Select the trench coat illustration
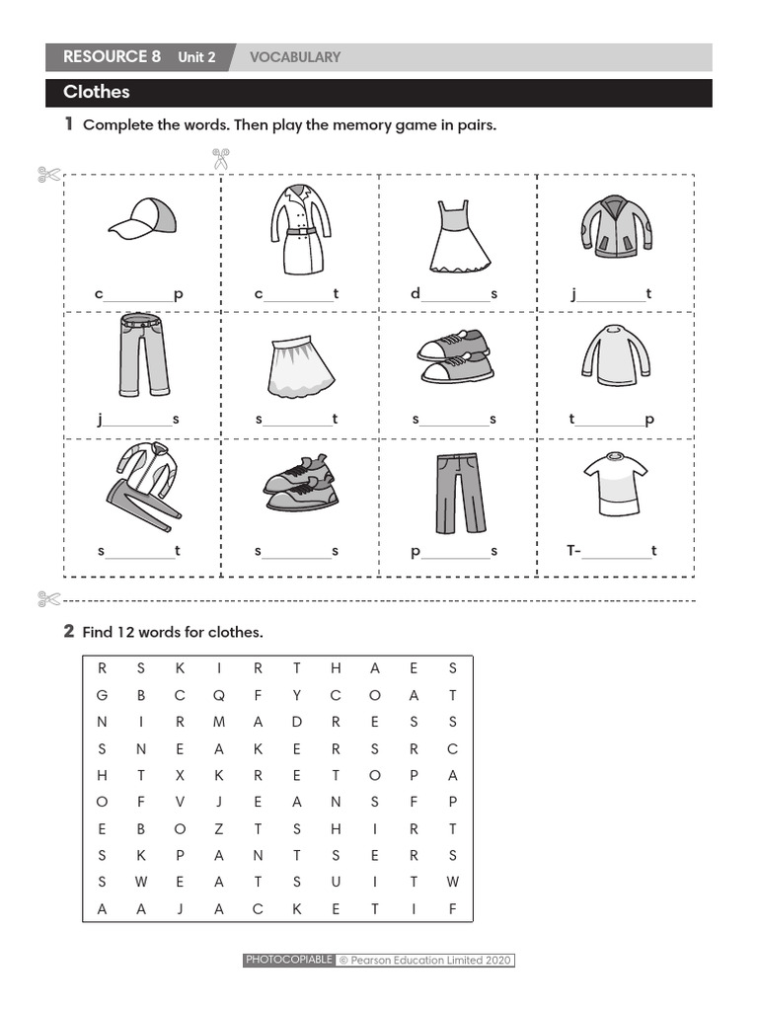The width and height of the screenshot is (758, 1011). coord(297,229)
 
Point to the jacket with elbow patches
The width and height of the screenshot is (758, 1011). coord(615,226)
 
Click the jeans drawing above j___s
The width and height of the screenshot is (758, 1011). coord(143,354)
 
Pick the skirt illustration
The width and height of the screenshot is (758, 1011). coord(299,363)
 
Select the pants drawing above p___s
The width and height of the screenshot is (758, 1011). coord(460,492)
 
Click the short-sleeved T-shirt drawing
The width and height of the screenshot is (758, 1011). coord(615,483)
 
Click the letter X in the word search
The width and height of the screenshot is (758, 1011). coord(181,775)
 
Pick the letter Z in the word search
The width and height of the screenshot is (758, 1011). coord(219,828)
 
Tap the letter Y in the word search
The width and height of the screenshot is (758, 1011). coord(296,695)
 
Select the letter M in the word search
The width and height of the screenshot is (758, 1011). coord(219,722)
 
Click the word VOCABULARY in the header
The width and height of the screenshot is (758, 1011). coord(294,57)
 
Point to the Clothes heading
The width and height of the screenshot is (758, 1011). coord(97,93)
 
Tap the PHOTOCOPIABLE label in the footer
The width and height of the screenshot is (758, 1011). coord(288,960)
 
